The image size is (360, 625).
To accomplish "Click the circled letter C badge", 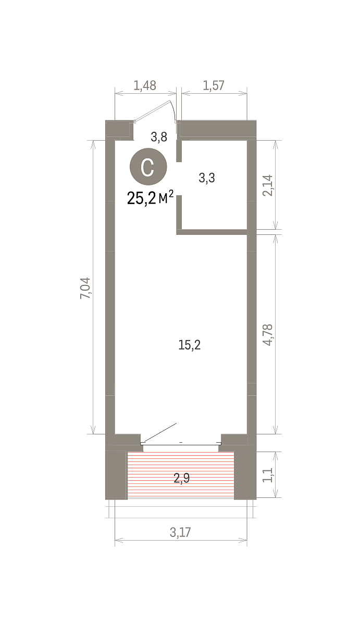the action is coord(148,167).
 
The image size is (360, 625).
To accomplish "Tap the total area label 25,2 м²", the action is coord(151,197).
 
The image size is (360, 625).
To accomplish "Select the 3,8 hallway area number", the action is coord(159,137).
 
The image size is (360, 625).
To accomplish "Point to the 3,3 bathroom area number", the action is coord(207,178).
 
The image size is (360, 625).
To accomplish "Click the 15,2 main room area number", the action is coord(190,345).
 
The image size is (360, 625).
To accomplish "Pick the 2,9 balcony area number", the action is coord(182,478).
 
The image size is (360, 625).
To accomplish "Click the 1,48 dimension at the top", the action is coord(144,85).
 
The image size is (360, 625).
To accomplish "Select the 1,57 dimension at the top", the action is coord(214,85).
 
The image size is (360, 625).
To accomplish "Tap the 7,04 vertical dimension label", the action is coord(85,288).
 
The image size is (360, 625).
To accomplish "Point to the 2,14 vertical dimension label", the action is coord(268,185).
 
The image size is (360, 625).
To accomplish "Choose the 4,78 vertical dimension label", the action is coord(268,335).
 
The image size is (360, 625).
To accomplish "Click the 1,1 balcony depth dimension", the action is coord(268,475).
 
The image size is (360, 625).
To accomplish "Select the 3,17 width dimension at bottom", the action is coord(181,532).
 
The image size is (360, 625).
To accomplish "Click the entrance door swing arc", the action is coord(173,109).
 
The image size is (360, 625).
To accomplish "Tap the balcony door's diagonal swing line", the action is coord(159,432).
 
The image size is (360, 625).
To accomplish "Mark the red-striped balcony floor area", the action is coord(181,475).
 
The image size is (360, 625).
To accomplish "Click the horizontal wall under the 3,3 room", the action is coord(212,232).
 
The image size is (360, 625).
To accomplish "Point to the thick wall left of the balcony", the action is coord(116,475).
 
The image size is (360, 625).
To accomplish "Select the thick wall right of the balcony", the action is coord(245,475).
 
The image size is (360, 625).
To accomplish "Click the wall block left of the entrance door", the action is coord(119,130).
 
